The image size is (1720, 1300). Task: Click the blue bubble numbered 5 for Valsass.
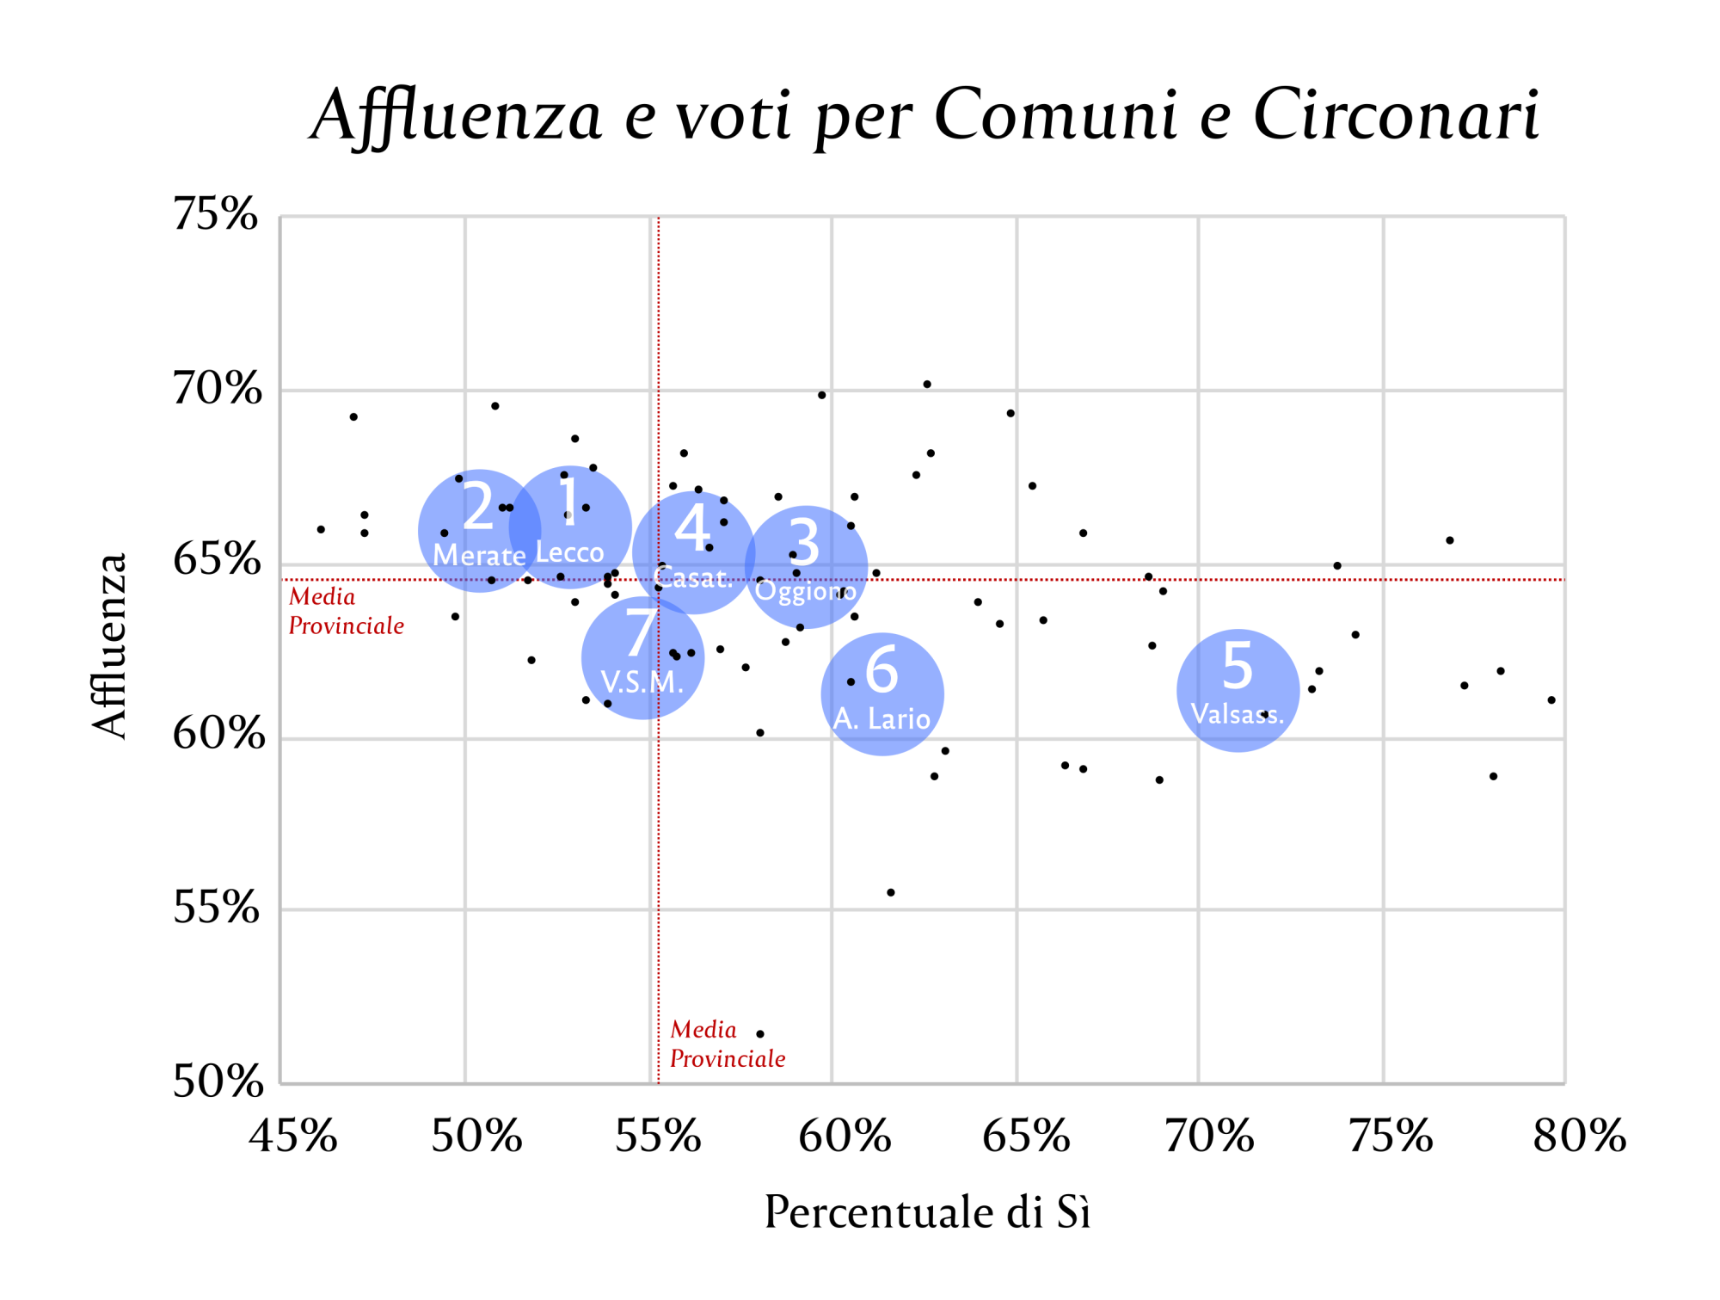coord(1238,690)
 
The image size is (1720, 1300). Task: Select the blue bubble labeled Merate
coord(479,531)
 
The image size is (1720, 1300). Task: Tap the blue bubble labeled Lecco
coord(570,527)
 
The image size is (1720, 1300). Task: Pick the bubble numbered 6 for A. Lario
coord(882,694)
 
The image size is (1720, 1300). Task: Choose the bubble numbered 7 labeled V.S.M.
coord(642,658)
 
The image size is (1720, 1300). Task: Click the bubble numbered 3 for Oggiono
coord(806,567)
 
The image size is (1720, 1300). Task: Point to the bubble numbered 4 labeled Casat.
coord(693,552)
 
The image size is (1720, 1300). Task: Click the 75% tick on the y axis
coord(216,214)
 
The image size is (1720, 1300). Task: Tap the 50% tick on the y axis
coord(218,1081)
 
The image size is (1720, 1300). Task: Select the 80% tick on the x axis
coord(1579,1137)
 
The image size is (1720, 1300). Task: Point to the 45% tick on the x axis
coord(293,1137)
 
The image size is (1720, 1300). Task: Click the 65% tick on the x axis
coord(1026,1137)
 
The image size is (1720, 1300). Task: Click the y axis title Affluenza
coord(110,646)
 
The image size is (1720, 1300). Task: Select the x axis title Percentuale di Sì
coord(927,1212)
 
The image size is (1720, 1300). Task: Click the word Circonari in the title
coord(1396,114)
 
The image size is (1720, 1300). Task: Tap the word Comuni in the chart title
coord(1056,114)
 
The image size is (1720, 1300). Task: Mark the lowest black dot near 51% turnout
coord(760,1034)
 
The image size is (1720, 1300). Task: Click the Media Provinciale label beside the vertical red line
coord(728,1044)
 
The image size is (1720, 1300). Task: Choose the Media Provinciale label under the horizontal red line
coord(346,612)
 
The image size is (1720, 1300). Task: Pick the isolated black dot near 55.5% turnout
coord(891,893)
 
